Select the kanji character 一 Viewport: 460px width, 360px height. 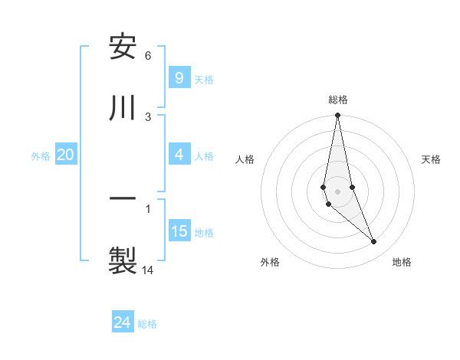click(x=123, y=198)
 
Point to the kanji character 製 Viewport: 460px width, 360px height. click(x=123, y=258)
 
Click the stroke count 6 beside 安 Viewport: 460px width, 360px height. click(x=148, y=56)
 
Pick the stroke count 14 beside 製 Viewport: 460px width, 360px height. click(x=148, y=270)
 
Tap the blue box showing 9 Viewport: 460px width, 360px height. click(x=179, y=77)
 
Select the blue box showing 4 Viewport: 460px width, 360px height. click(x=179, y=155)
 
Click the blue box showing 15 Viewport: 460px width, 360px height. click(x=179, y=231)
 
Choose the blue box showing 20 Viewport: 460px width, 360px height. click(x=66, y=155)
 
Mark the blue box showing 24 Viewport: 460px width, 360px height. click(x=122, y=322)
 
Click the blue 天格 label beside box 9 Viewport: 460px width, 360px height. click(x=204, y=79)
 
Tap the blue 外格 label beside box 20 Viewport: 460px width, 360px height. click(x=41, y=155)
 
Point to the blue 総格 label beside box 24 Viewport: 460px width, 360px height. click(x=147, y=324)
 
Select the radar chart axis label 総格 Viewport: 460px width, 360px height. click(x=338, y=100)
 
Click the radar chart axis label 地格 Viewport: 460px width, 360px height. click(x=402, y=262)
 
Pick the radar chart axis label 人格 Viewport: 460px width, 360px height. click(x=245, y=159)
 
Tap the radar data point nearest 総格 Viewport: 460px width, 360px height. click(x=337, y=116)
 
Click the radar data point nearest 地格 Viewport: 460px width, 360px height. click(x=374, y=242)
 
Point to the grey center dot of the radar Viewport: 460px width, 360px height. click(x=337, y=191)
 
